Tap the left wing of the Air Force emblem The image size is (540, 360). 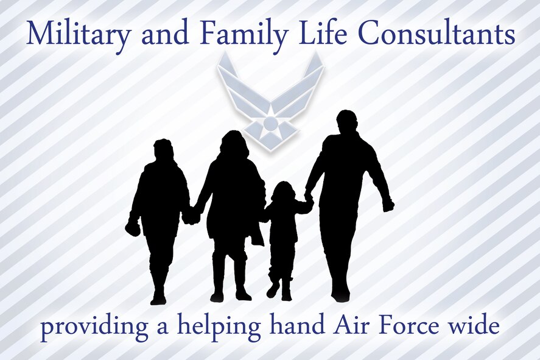click(x=237, y=85)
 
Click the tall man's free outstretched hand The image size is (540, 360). click(x=388, y=205)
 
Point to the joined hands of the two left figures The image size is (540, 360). click(x=191, y=216)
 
